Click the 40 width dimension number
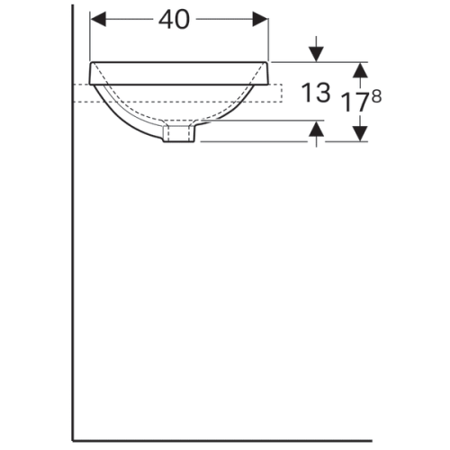(x=176, y=20)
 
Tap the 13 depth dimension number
(x=316, y=94)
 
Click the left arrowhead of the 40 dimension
(x=97, y=20)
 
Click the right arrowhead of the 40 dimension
(x=262, y=20)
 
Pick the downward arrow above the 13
(x=316, y=51)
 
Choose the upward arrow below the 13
(x=316, y=132)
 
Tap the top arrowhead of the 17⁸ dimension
(x=360, y=68)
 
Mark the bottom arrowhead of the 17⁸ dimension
(x=360, y=133)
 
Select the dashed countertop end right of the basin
(x=280, y=93)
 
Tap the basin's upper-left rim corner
(x=90, y=63)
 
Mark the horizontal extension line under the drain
(x=261, y=141)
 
